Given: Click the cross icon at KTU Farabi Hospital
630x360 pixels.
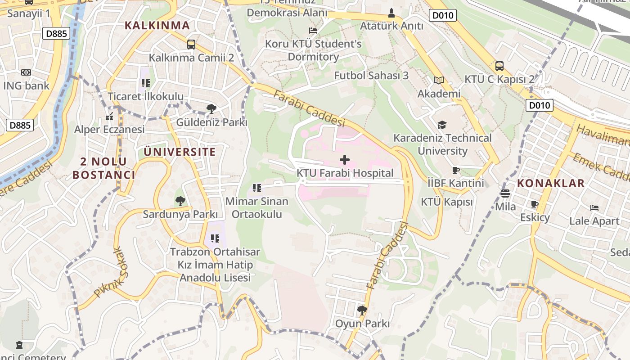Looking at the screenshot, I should [x=345, y=160].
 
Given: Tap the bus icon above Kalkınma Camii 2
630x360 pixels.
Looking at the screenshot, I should [x=191, y=45].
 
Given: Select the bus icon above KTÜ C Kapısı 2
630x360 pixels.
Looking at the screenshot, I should [x=499, y=66].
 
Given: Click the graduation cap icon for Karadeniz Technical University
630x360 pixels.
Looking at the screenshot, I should [x=442, y=125].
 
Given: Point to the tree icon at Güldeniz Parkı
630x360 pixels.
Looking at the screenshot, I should [x=211, y=108].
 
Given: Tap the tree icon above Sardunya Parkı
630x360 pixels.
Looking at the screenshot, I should [x=180, y=201].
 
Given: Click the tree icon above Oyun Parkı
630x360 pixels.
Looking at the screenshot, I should [x=362, y=310].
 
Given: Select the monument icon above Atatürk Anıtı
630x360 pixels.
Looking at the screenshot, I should [x=391, y=12].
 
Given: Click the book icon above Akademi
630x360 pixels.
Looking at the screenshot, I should [x=439, y=80].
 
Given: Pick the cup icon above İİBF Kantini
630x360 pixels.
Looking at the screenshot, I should [x=456, y=170].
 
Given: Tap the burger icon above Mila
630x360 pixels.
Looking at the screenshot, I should [x=505, y=193].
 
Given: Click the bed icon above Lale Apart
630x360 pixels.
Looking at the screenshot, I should [x=594, y=208].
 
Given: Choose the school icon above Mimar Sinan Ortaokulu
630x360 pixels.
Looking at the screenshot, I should [x=257, y=188].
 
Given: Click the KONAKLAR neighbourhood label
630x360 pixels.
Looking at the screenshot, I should [x=551, y=183].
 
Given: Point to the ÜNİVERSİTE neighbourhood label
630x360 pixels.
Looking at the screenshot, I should [x=180, y=152].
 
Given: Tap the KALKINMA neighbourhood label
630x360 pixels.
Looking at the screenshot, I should [x=157, y=25].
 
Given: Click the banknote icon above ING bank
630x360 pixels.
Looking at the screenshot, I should [x=26, y=72].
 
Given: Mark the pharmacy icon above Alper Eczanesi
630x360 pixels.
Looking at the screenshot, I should [x=109, y=117].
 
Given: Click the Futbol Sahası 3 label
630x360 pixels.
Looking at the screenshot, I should [x=371, y=75].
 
